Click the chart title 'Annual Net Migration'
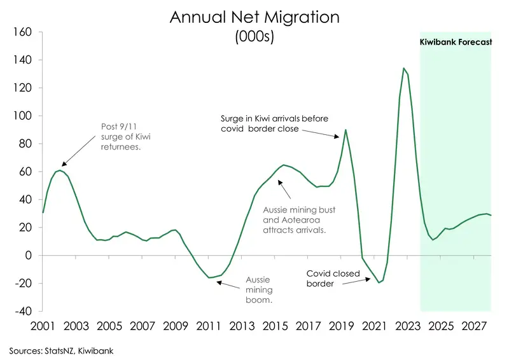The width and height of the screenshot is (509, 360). [254, 17]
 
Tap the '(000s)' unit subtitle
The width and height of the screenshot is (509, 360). [254, 37]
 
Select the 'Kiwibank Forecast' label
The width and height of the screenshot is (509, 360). [455, 43]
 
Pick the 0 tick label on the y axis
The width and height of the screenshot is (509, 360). [28, 255]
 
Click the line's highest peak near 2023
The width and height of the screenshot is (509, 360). [403, 68]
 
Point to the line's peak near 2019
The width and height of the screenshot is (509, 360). [345, 130]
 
